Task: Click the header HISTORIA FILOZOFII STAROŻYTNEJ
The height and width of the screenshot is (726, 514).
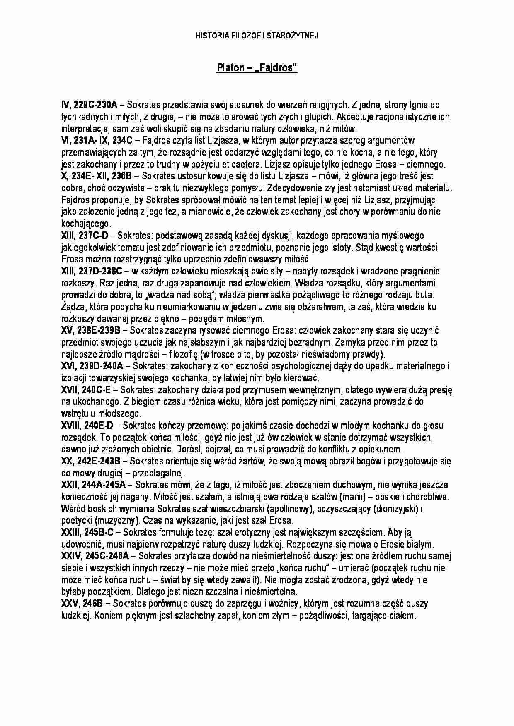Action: pyautogui.click(x=257, y=36)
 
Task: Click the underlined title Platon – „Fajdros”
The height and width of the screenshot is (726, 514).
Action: pyautogui.click(x=257, y=68)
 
